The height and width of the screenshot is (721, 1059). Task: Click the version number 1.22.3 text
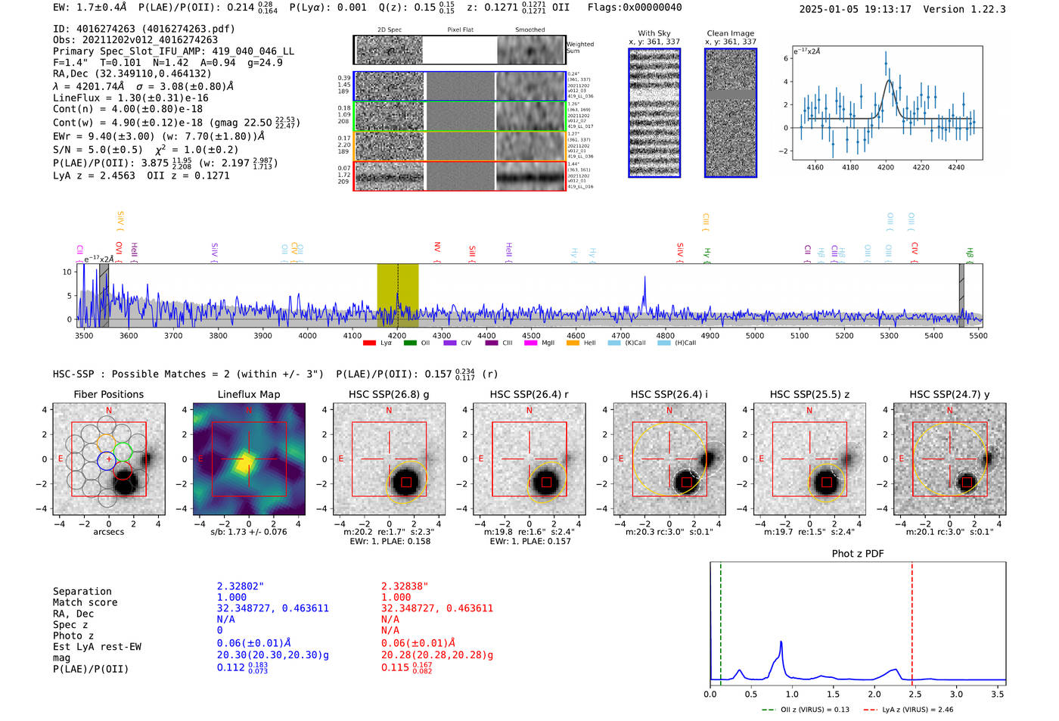tap(980, 9)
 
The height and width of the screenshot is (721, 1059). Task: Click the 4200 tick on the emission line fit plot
tap(886, 167)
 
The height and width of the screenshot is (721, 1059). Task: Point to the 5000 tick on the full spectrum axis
tap(755, 336)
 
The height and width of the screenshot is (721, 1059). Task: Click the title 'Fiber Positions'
tap(108, 394)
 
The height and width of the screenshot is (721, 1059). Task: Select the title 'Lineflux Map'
tap(249, 394)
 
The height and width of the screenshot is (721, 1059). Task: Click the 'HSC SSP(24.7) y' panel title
tap(949, 394)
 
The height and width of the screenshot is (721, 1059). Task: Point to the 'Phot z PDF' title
tap(858, 554)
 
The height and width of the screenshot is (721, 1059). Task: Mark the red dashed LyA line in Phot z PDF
tap(912, 620)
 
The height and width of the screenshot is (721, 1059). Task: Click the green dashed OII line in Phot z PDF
tap(721, 620)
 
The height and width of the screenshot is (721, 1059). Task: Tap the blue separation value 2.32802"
tap(241, 586)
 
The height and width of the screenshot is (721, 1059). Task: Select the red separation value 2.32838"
tap(405, 586)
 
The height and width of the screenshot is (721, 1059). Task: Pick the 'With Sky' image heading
tap(654, 33)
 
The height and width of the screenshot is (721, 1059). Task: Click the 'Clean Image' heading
tap(731, 33)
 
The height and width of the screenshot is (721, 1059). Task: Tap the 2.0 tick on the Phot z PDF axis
tap(874, 694)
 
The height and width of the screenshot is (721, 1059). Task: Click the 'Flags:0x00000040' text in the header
tap(635, 8)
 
